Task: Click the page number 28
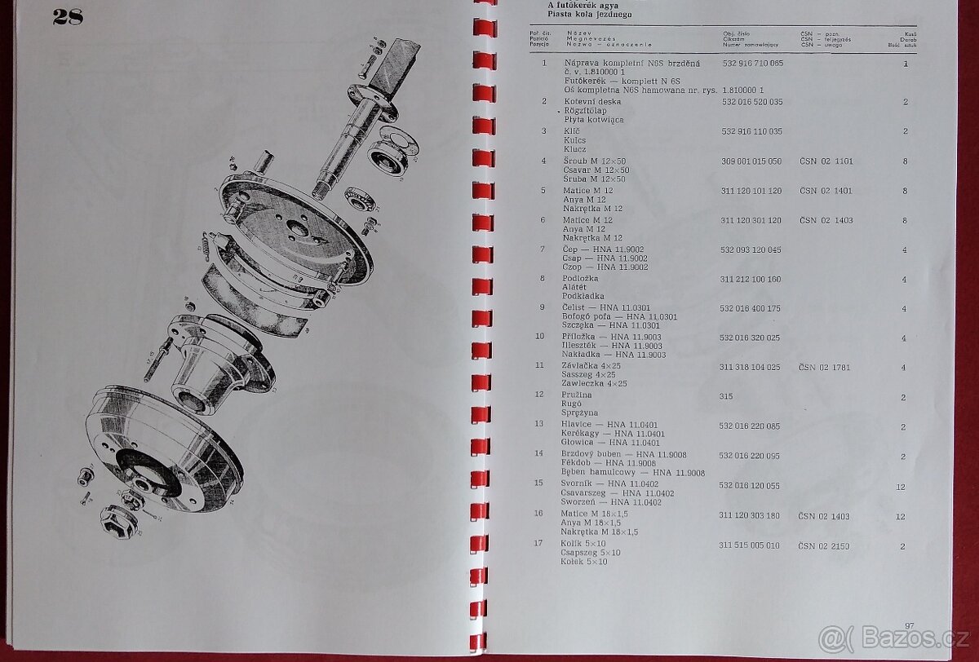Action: tap(68, 18)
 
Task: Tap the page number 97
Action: tap(910, 625)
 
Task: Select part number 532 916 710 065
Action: tap(751, 63)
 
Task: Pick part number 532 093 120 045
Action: tap(751, 249)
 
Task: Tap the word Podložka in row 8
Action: tap(580, 279)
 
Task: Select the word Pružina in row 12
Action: tap(577, 396)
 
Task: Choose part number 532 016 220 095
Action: tap(750, 456)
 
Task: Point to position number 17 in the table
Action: tap(538, 543)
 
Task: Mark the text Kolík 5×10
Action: tap(583, 544)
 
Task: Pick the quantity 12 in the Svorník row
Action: tap(901, 486)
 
